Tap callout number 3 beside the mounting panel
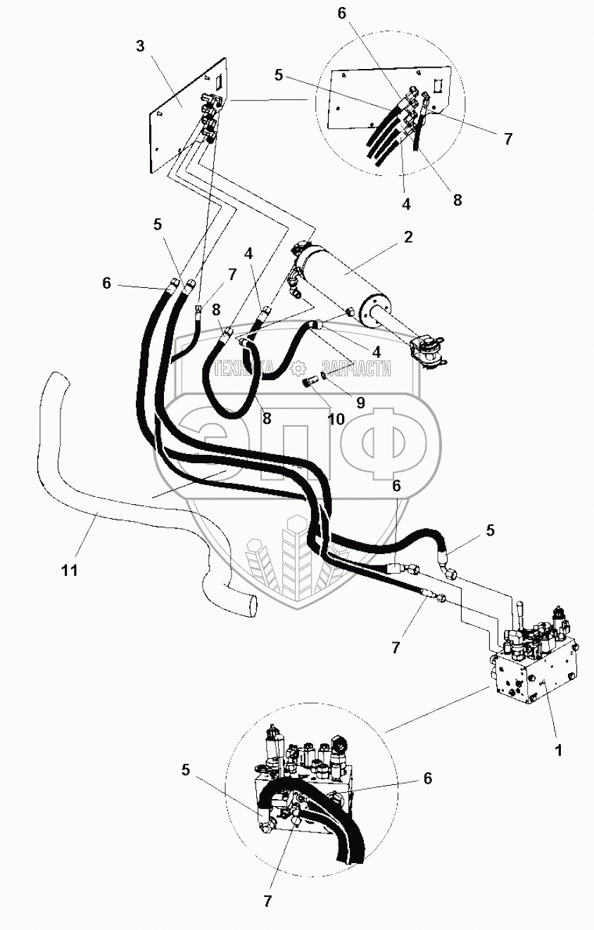click(x=141, y=46)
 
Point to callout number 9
click(x=360, y=403)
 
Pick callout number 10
click(x=335, y=419)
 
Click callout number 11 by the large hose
click(x=68, y=570)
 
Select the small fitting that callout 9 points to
click(x=324, y=375)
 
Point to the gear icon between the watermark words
click(x=299, y=367)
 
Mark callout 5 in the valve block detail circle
click(x=186, y=769)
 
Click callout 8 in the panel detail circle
click(x=457, y=199)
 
